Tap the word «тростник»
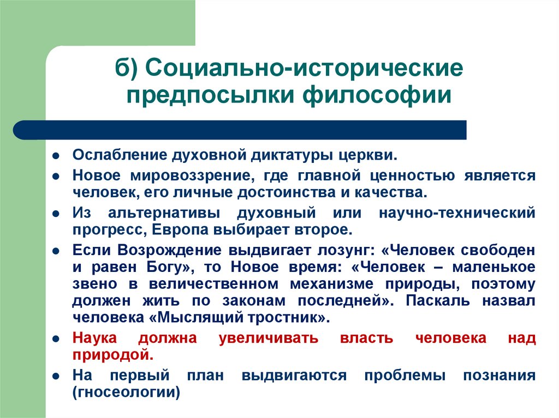pos(281,317)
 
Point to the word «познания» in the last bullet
pos(499,375)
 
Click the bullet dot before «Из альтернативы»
pos(56,213)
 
